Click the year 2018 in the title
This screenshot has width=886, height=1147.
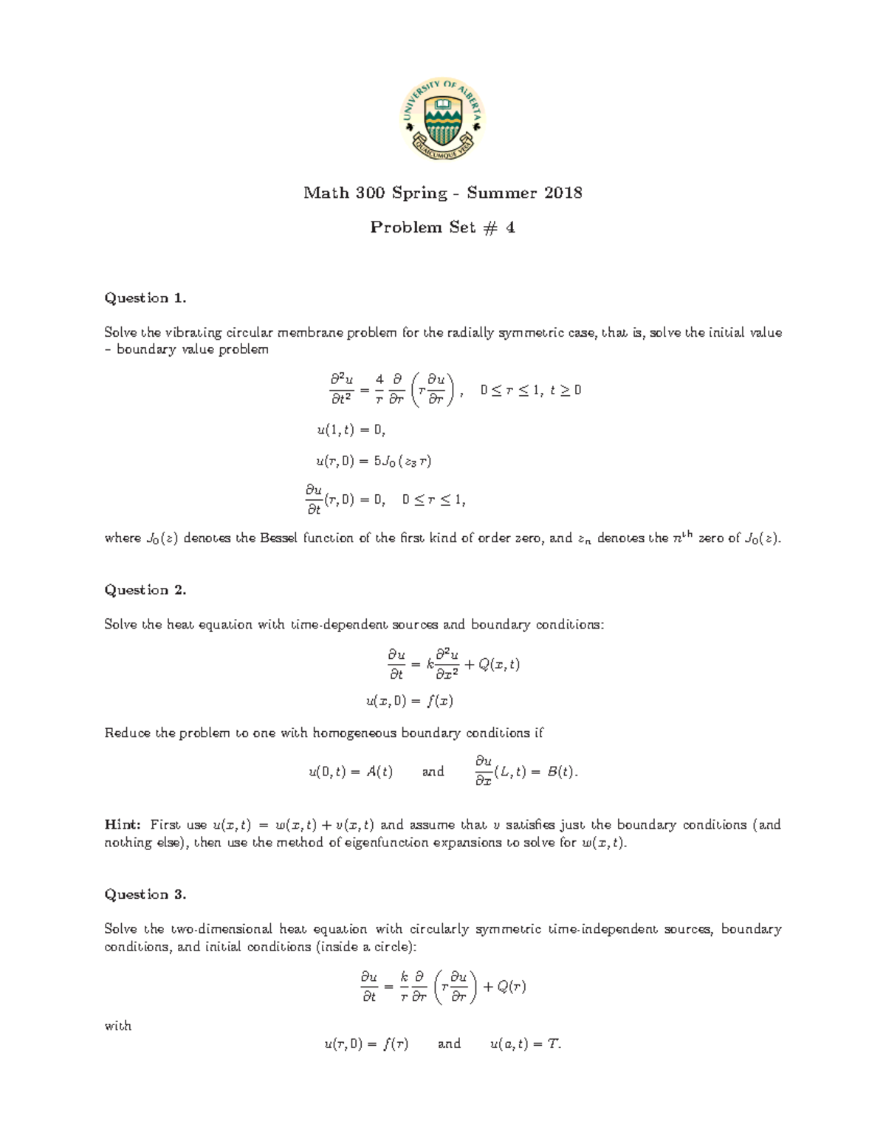click(563, 194)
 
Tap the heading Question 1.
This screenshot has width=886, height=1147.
click(145, 298)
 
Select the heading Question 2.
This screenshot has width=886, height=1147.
click(145, 590)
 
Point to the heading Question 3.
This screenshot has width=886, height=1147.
click(145, 895)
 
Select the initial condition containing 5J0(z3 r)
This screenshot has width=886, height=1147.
click(374, 462)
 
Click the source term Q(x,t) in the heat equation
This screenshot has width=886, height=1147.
click(499, 665)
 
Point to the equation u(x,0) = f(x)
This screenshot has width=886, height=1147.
click(410, 701)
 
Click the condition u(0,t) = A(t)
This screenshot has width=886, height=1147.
click(351, 773)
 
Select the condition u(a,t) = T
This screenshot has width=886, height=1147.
click(526, 1044)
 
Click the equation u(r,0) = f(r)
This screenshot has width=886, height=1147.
click(366, 1044)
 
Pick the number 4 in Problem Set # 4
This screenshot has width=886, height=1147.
click(510, 228)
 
